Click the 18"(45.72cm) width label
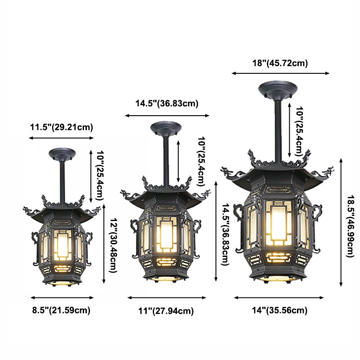(280, 63)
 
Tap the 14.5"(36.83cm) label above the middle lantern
(166, 103)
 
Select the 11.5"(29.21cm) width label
(62, 127)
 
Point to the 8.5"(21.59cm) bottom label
(61, 310)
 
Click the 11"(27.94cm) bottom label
(166, 311)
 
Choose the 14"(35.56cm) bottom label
(279, 310)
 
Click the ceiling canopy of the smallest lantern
(62, 154)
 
